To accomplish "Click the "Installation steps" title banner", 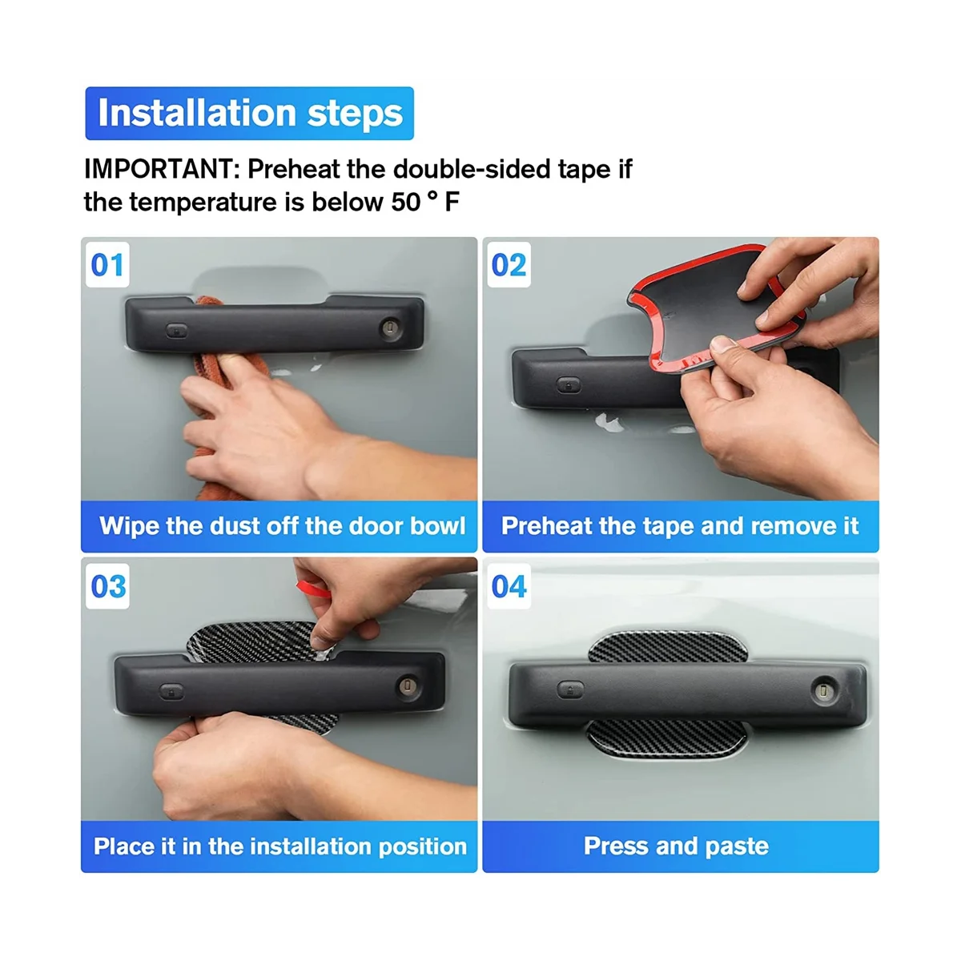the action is (x=249, y=113).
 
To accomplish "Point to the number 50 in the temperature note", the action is (x=406, y=202).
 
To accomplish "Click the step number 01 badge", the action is (x=107, y=265).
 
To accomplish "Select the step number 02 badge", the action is (x=509, y=265).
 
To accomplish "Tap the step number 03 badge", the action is (x=107, y=586).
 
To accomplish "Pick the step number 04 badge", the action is (x=509, y=586).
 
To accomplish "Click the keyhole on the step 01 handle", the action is (x=390, y=328).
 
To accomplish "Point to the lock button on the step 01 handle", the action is (x=176, y=330).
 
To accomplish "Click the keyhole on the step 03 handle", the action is (x=408, y=686).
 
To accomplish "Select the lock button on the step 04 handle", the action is (x=570, y=690).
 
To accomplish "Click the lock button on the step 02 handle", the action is (x=568, y=385).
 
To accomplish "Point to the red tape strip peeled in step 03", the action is (x=312, y=589).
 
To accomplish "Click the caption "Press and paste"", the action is (x=676, y=846).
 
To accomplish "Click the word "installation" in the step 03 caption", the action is (x=316, y=846).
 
